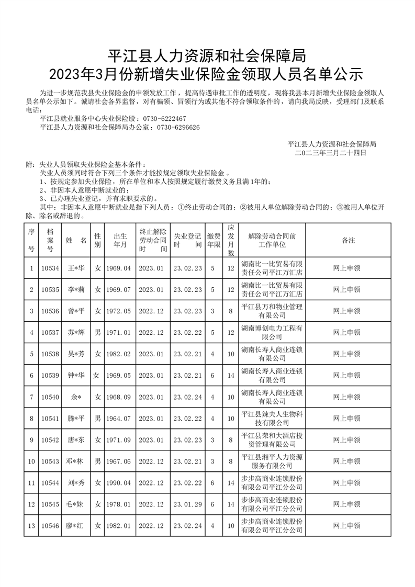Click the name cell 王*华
tap(76, 268)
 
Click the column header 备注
tap(347, 240)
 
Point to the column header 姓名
tap(76, 240)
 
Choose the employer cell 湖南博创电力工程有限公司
tap(272, 332)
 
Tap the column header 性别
tap(97, 240)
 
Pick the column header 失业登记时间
tap(187, 240)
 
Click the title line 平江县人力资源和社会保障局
tap(207, 53)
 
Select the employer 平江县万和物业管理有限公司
tap(272, 311)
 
